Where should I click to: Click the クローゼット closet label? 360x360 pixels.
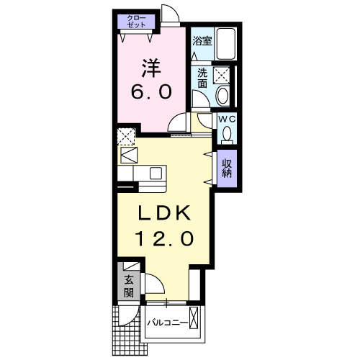(136, 21)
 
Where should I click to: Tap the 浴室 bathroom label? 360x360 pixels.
(202, 42)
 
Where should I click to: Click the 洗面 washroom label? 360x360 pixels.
(202, 78)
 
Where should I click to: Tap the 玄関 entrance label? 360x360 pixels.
(128, 287)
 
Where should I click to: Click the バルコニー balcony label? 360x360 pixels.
(168, 322)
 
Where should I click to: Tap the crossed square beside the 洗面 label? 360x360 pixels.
(222, 74)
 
